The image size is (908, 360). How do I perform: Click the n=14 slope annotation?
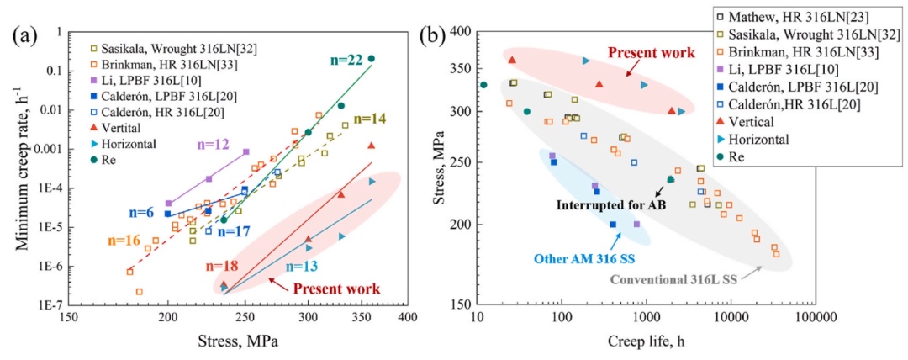[x=369, y=119]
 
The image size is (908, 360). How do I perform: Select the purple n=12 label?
[x=213, y=145]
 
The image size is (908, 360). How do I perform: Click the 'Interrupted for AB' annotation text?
[x=610, y=204]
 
